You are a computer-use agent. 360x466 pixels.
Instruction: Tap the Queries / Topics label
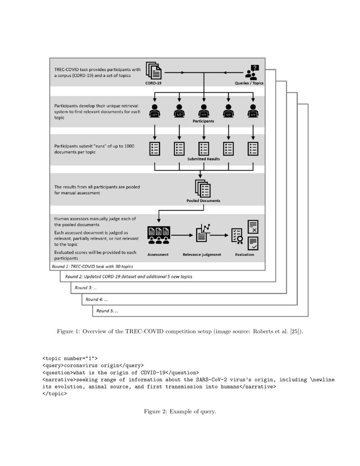(249, 83)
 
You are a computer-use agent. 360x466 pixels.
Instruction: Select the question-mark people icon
(252, 72)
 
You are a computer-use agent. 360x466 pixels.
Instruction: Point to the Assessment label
(158, 255)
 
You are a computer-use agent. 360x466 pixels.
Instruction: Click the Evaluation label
(244, 255)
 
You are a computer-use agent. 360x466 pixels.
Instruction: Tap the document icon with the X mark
(253, 227)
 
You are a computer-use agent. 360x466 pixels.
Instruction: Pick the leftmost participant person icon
(155, 111)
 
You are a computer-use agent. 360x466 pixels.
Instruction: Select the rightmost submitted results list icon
(253, 148)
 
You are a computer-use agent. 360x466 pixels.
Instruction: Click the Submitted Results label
(204, 159)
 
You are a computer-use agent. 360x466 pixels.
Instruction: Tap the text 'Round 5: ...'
(107, 311)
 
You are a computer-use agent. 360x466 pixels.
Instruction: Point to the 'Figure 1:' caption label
(68, 332)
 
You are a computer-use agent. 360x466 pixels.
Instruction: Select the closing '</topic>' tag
(55, 394)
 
